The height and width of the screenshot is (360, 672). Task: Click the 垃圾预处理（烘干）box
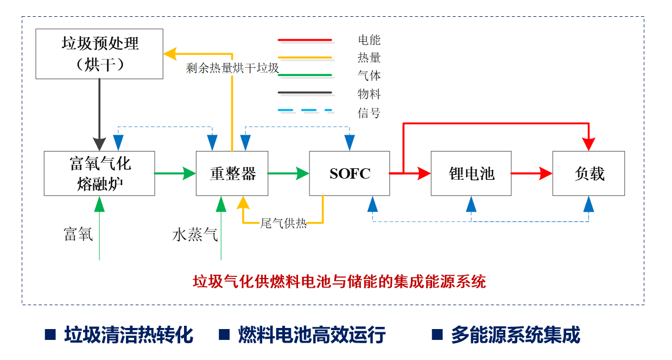[x=99, y=54]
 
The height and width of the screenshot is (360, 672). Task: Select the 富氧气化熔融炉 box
[x=99, y=173]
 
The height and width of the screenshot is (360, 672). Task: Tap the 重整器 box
[x=232, y=173]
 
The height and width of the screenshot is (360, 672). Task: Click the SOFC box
[x=349, y=173]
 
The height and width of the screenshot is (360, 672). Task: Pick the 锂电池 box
[x=471, y=173]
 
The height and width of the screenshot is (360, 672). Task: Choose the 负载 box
[x=588, y=173]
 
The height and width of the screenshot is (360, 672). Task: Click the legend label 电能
[x=369, y=40]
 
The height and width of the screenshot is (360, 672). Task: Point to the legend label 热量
[x=369, y=58]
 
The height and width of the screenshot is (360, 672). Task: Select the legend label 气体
[x=369, y=76]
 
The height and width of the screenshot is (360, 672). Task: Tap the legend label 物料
[x=369, y=94]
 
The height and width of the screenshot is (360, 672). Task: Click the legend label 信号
[x=369, y=113]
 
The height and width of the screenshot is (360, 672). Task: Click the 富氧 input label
[x=78, y=235]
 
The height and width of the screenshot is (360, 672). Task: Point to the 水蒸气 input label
[x=195, y=235]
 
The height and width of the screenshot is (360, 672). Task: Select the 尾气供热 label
[x=283, y=223]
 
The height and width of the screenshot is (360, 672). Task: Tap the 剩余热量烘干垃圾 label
[x=232, y=68]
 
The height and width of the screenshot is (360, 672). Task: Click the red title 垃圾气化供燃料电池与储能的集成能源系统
[x=339, y=281]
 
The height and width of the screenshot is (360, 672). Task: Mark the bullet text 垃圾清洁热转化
[x=128, y=334]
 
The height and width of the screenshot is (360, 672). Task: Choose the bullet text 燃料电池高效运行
[x=312, y=334]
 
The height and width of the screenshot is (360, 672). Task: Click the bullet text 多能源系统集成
[x=515, y=334]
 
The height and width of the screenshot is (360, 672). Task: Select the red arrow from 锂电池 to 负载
[x=531, y=174]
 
